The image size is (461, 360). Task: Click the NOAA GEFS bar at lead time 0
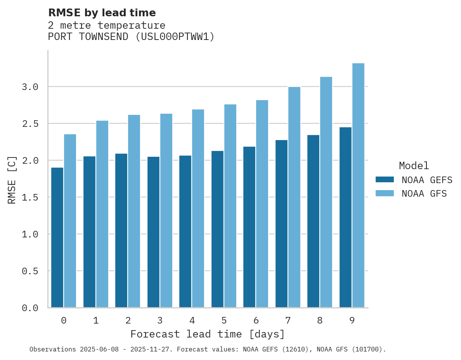click(x=57, y=237)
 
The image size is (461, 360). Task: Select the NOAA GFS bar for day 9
click(x=358, y=185)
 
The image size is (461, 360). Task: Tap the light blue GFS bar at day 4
click(x=198, y=208)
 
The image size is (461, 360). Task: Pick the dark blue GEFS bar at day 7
click(x=281, y=224)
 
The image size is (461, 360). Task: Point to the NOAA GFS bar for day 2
click(x=134, y=211)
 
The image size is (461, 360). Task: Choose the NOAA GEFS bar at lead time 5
click(x=217, y=229)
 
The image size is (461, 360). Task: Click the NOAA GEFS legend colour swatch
click(x=385, y=180)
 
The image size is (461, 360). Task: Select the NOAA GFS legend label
click(x=424, y=194)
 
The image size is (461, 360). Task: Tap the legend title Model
click(x=414, y=166)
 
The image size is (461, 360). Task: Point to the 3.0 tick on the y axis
click(x=30, y=87)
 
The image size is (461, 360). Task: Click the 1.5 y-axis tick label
click(x=30, y=197)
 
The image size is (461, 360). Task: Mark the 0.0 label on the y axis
click(x=30, y=308)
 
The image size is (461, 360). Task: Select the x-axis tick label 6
click(x=256, y=320)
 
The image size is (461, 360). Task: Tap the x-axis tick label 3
click(x=160, y=320)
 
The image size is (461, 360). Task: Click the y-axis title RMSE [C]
click(x=12, y=180)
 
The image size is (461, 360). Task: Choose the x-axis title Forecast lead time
click(x=208, y=334)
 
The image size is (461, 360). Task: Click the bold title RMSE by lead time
click(x=102, y=13)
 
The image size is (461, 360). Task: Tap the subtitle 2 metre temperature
click(x=107, y=26)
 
